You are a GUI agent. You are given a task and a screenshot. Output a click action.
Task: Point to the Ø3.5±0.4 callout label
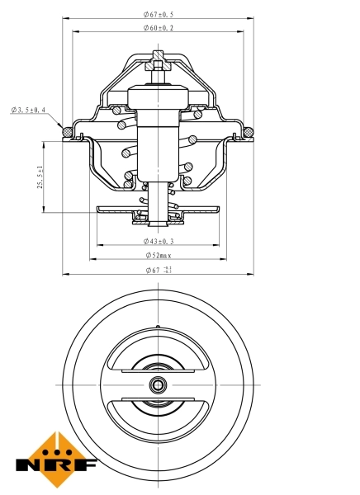click(29, 110)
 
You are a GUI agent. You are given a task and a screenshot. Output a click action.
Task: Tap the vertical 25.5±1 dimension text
click(39, 177)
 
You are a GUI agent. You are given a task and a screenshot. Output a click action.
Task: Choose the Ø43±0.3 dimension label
click(159, 241)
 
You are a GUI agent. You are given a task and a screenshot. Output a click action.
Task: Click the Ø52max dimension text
click(159, 256)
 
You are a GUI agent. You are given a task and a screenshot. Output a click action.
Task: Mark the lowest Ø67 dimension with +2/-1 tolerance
click(159, 270)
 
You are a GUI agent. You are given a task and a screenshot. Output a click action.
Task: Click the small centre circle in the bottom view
click(158, 384)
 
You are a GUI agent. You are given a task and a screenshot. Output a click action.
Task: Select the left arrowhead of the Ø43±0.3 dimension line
click(99, 246)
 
